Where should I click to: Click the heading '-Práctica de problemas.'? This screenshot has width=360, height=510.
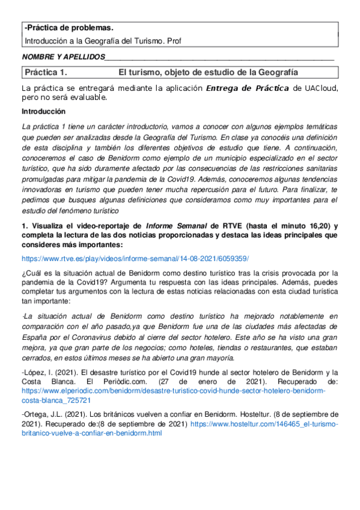pos(68,28)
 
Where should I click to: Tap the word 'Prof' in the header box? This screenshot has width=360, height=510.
pos(174,41)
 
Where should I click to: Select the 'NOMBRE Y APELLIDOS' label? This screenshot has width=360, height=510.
pos(63,57)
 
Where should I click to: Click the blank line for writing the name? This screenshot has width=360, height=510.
pos(219,58)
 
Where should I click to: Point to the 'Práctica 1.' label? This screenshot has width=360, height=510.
pos(45,73)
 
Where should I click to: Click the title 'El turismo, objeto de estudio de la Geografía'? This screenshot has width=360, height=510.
pos(208,73)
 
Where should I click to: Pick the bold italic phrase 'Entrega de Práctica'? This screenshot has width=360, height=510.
pos(247,88)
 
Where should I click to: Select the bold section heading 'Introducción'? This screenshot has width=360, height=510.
pos(43,112)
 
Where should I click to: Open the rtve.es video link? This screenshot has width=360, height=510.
pos(135,259)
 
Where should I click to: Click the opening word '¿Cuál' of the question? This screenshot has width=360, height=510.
pos(31,274)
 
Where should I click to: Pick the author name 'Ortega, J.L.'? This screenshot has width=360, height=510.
pos(43,414)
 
